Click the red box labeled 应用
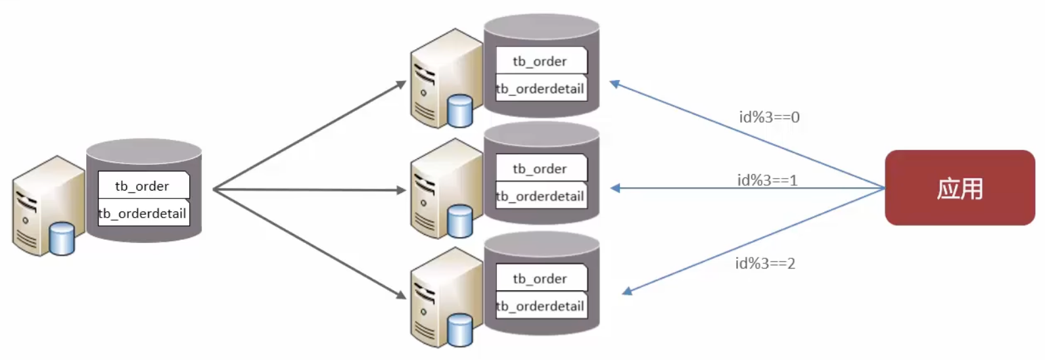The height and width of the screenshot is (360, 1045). tap(960, 188)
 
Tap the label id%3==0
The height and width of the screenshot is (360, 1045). tap(769, 118)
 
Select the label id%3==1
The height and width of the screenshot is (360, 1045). tap(767, 180)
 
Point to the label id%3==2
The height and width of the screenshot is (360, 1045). tap(765, 263)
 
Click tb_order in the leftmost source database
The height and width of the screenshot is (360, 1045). tap(143, 186)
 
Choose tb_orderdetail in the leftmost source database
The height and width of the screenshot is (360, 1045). tap(143, 214)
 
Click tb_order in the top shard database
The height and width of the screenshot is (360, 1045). tap(540, 61)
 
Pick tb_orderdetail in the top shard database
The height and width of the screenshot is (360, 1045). tap(540, 89)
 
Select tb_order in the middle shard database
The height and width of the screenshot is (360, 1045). tap(540, 169)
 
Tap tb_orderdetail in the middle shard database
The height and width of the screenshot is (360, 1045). tap(540, 196)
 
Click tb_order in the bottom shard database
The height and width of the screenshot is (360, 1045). tap(540, 279)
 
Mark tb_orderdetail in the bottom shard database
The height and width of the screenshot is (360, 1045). tap(540, 306)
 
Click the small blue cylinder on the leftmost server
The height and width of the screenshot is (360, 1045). tap(62, 238)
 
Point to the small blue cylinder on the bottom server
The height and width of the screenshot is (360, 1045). tap(460, 330)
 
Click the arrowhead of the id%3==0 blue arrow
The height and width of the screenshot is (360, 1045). tap(615, 83)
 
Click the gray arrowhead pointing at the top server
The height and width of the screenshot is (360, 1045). tap(401, 84)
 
